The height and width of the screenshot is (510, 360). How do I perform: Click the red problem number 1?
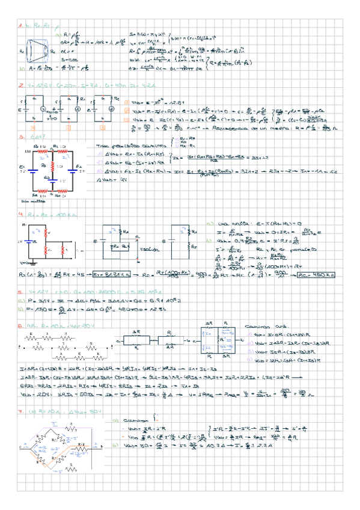[20, 27]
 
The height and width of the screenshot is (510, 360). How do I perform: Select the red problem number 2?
[20, 86]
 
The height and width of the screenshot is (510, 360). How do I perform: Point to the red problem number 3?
[20, 137]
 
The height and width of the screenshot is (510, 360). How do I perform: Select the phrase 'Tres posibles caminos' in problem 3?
[120, 146]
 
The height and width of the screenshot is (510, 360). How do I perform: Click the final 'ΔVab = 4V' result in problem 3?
[115, 179]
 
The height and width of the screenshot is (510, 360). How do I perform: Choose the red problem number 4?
[20, 214]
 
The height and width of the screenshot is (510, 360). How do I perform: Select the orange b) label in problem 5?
[21, 310]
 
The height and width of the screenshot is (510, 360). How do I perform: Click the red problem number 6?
[20, 324]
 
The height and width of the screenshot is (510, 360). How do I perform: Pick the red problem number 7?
[20, 412]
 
